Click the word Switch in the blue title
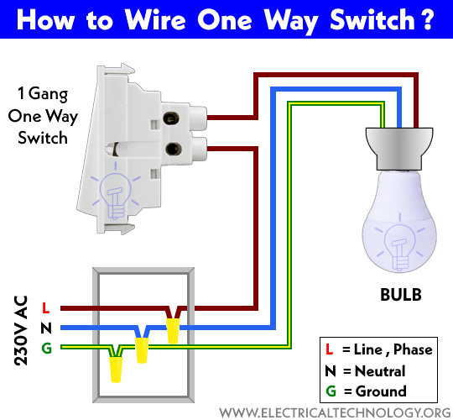(x=372, y=19)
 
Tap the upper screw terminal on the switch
(x=171, y=118)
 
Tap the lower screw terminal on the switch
(x=174, y=149)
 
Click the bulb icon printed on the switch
(x=116, y=191)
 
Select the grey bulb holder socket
(x=399, y=149)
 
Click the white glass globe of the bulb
(x=399, y=221)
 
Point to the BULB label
(x=401, y=295)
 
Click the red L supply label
(x=45, y=307)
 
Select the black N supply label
(x=46, y=328)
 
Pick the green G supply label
(x=46, y=348)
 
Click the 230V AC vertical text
(x=20, y=330)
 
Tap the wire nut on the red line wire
(x=173, y=331)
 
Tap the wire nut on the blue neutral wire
(x=142, y=350)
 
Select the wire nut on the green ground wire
(x=116, y=370)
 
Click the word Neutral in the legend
(x=380, y=371)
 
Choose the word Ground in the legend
(x=381, y=391)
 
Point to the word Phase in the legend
(x=413, y=349)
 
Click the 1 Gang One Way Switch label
(x=43, y=116)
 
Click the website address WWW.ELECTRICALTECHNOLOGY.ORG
(x=335, y=412)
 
